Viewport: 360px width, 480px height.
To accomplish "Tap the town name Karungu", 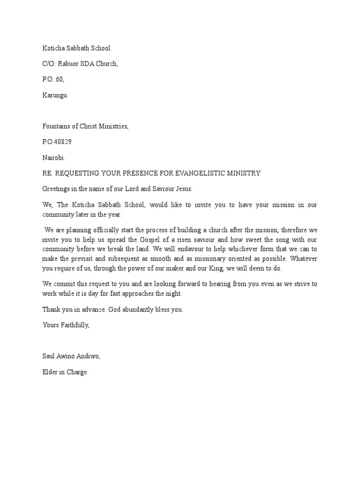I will click(x=55, y=95).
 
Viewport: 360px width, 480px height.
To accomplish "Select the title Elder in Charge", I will click(x=65, y=372).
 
